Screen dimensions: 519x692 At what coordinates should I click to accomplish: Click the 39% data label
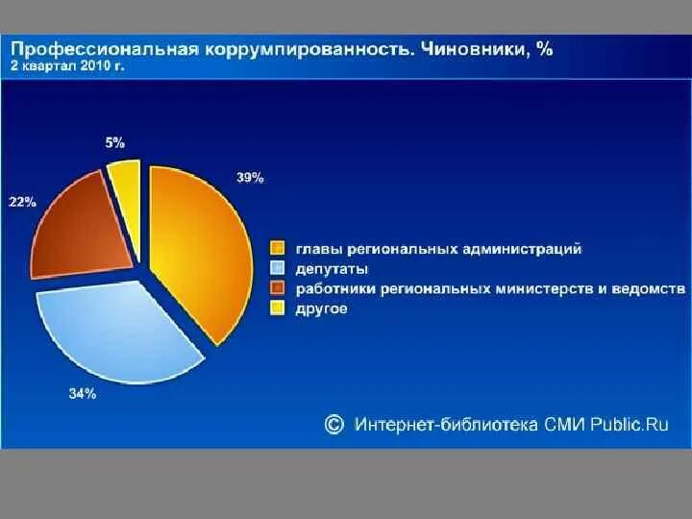[250, 177]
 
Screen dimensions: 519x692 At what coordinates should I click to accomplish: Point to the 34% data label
[82, 393]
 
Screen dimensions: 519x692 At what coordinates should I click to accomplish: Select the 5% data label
[114, 142]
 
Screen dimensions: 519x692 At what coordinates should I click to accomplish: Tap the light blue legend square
[278, 269]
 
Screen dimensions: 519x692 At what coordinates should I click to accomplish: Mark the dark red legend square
[278, 288]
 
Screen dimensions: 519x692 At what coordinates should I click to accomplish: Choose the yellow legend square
[278, 309]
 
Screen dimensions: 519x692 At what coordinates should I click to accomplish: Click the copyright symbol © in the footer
[334, 424]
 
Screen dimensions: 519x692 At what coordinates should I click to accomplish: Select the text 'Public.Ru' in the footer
[630, 424]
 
